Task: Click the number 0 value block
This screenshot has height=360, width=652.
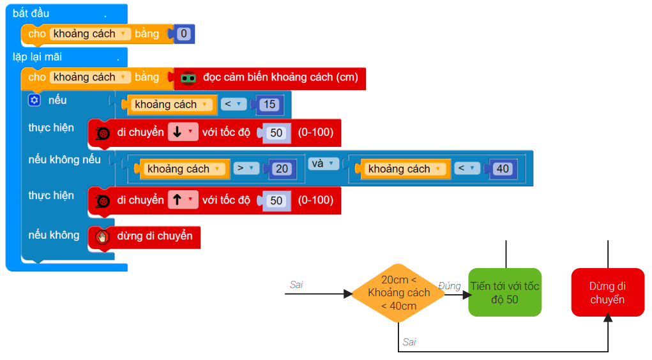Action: pos(184,34)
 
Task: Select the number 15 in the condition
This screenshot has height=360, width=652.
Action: pos(269,105)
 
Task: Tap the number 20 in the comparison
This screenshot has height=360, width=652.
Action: pos(281,169)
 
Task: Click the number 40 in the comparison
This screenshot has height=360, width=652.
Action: pos(503,169)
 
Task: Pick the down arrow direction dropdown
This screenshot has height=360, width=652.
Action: pos(183,133)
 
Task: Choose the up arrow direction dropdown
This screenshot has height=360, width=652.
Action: pos(183,200)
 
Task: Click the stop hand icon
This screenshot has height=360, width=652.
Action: pos(102,237)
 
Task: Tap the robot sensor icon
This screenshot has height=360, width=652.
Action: pos(188,78)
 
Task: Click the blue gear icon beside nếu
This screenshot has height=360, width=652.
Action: pos(34,100)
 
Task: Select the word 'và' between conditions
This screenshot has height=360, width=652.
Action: pos(316,163)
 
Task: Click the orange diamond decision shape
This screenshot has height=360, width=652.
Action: pos(398,294)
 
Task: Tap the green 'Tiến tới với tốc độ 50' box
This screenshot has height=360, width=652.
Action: pos(504,292)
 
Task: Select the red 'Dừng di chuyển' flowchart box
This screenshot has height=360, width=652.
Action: pos(607,292)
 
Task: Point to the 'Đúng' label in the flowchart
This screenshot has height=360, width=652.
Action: pos(450,285)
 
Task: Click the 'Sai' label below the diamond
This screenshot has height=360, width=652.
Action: pos(409,342)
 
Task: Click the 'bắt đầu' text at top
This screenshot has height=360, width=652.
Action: pos(31,13)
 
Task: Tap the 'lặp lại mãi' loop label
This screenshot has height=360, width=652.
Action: pos(37,57)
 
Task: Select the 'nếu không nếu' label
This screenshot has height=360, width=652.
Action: pos(64,160)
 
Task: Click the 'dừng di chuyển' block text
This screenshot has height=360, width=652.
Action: pos(155,236)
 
